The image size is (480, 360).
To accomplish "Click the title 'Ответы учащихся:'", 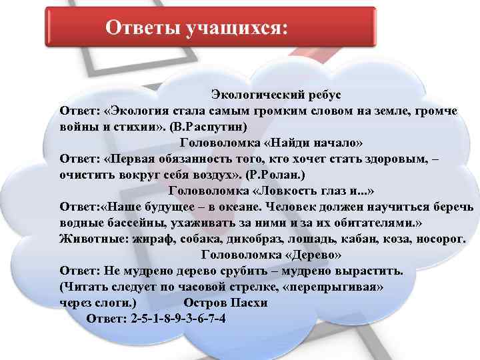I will point(197,28).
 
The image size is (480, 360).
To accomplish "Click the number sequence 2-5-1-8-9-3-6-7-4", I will point(177,318).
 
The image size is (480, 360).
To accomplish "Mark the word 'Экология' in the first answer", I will point(141,110).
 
